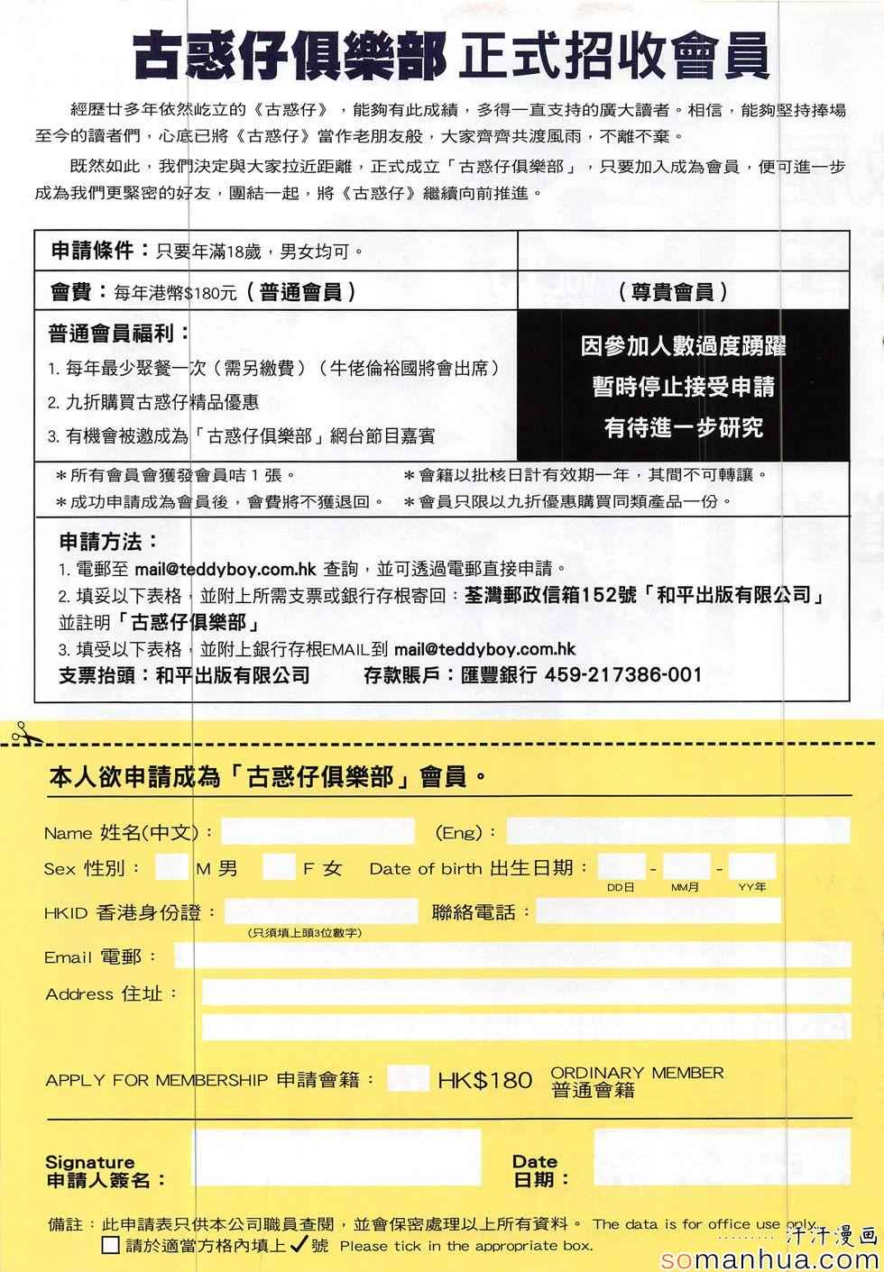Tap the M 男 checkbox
[x=170, y=868]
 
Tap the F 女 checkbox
[x=279, y=868]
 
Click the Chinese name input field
[x=318, y=831]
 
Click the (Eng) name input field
[x=677, y=830]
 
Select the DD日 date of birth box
[x=621, y=867]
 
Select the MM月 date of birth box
[x=686, y=867]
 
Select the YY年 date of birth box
[x=751, y=867]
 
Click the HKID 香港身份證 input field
[x=320, y=911]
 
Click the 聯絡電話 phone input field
[x=658, y=911]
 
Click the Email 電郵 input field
[x=511, y=955]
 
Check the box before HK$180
[x=407, y=1079]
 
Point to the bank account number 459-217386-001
[x=623, y=674]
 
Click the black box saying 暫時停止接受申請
[x=683, y=387]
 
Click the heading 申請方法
[x=109, y=542]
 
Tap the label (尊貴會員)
[x=673, y=292]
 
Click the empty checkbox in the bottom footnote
[x=110, y=1246]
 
